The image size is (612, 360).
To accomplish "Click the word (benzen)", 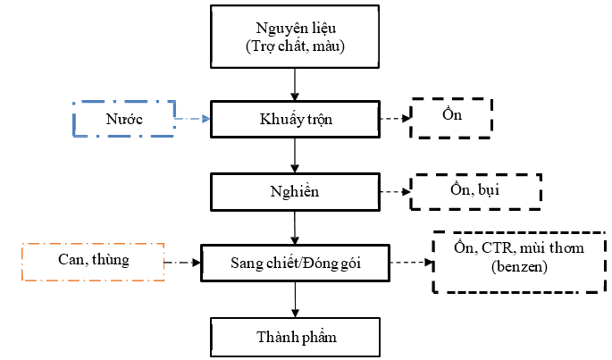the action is (519, 267).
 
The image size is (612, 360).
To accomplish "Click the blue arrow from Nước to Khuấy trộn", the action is (193, 119).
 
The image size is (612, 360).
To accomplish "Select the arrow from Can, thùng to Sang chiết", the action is (182, 263).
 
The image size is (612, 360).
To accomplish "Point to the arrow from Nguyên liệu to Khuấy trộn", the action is (295, 85).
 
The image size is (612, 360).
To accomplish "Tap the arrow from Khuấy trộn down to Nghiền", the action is (295, 155).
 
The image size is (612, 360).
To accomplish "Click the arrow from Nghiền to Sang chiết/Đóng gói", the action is (295, 228).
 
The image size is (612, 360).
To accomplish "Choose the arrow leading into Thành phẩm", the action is (295, 299).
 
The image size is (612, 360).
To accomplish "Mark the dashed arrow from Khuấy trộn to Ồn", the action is (395, 118).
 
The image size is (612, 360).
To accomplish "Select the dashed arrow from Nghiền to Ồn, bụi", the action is (395, 192).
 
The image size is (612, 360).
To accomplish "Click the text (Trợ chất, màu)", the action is (295, 46).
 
